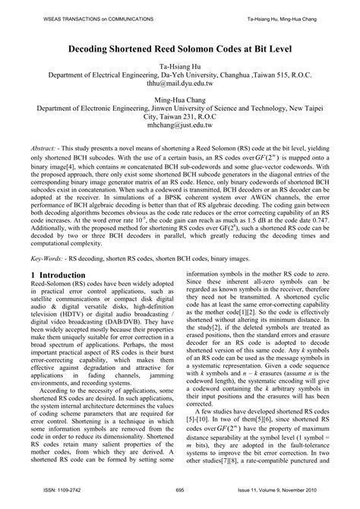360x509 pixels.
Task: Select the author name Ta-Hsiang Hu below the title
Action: click(179, 66)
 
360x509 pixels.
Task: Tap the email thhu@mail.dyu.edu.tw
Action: click(179, 86)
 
